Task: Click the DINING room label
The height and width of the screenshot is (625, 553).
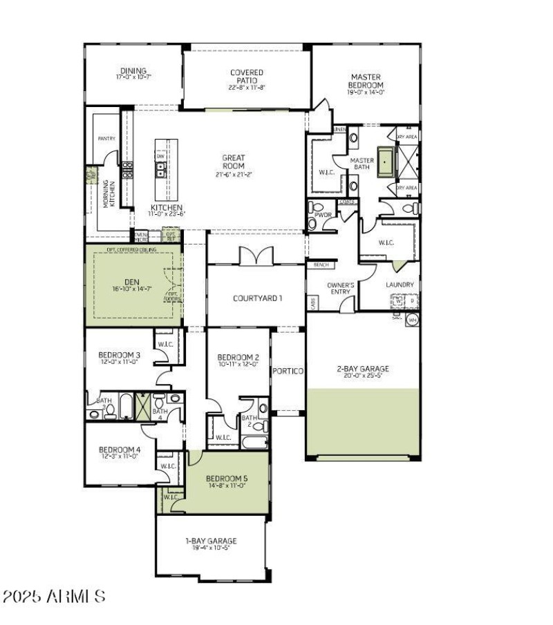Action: point(134,70)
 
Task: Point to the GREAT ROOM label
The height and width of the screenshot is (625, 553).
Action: point(234,162)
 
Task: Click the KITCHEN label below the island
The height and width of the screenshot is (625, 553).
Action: point(167,207)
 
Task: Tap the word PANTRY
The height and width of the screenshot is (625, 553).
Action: point(106,139)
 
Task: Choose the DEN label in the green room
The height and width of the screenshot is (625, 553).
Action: point(132,281)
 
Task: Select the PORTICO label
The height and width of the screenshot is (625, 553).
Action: point(288,371)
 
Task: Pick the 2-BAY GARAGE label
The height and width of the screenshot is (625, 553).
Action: point(363,368)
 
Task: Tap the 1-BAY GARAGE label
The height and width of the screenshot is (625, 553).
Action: point(211,541)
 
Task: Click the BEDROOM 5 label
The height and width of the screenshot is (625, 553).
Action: point(227,478)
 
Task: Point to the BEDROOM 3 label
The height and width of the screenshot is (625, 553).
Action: point(120,355)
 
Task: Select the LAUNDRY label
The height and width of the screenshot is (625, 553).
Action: point(400,285)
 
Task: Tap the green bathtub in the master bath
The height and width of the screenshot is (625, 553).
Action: point(384,162)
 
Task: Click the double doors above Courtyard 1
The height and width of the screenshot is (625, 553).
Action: point(256,256)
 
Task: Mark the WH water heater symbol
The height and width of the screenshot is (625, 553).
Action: point(413,320)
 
